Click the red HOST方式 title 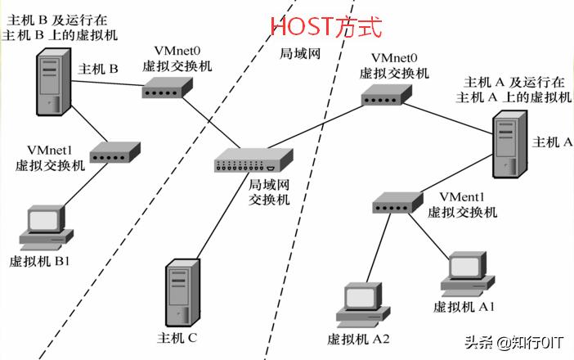coord(326,26)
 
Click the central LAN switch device coord(254,162)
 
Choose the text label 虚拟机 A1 coord(465,306)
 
